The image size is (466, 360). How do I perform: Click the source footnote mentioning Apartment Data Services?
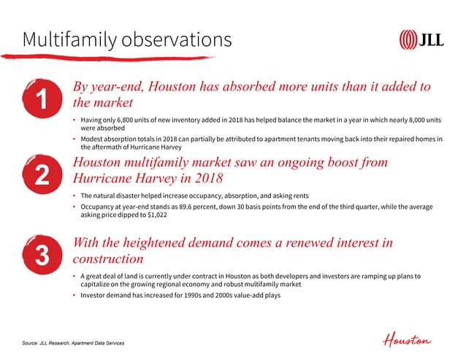point(75,341)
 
